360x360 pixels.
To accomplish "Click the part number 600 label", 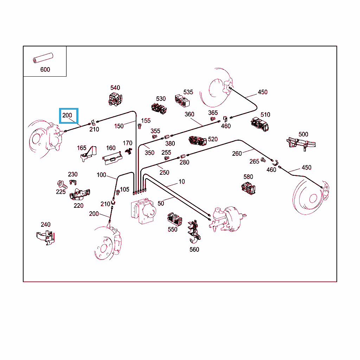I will (x=45, y=70).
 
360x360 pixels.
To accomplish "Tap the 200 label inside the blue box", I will (x=67, y=115).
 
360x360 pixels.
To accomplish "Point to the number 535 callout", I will (x=188, y=92).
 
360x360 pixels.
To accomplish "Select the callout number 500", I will (x=303, y=134).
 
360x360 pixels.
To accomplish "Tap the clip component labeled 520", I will (x=198, y=141).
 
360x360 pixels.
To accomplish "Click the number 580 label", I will (x=248, y=177).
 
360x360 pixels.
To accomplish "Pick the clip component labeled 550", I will (x=175, y=219).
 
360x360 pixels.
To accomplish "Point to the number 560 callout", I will (x=194, y=250).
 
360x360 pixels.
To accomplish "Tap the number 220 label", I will (x=78, y=206).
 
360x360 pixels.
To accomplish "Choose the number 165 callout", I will (x=82, y=148).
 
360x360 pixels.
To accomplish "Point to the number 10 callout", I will (x=181, y=182).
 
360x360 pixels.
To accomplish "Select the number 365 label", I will (x=213, y=113).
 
